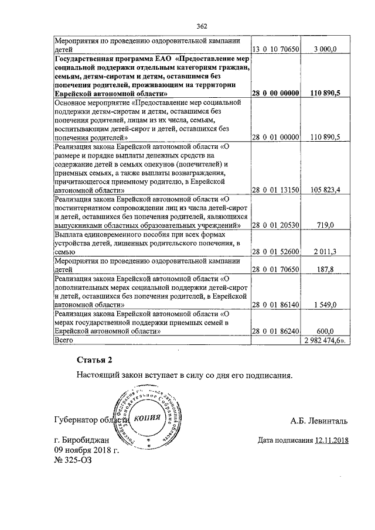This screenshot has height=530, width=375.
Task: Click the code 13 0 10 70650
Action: click(x=275, y=51)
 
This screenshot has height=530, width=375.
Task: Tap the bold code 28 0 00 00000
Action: click(x=275, y=93)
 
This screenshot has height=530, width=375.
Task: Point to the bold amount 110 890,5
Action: click(x=323, y=93)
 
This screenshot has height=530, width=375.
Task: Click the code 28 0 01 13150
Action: click(x=275, y=190)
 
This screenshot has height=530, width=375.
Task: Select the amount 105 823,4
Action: click(x=323, y=190)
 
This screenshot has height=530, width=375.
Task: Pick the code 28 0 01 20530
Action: click(x=275, y=225)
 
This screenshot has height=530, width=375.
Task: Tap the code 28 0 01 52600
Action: click(x=275, y=251)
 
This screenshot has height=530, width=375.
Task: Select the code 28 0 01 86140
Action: click(x=275, y=305)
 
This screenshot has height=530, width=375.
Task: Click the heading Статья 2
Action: click(x=93, y=359)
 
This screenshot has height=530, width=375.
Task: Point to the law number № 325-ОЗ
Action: click(x=73, y=460)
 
